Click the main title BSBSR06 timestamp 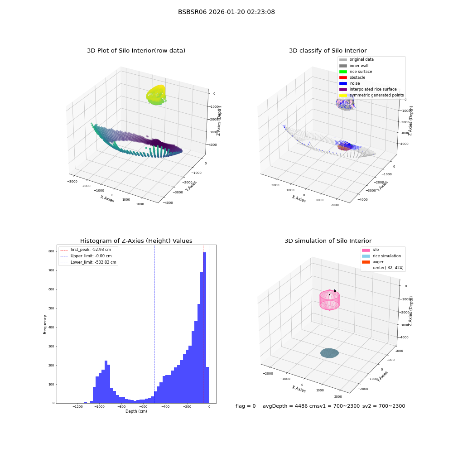pyautogui.click(x=226, y=12)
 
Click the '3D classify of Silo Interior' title pyautogui.click(x=328, y=51)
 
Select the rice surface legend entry pyautogui.click(x=356, y=72)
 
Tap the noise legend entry pyautogui.click(x=350, y=83)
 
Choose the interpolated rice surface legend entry pyautogui.click(x=368, y=89)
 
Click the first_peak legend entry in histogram pyautogui.click(x=86, y=250)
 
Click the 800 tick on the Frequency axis pyautogui.click(x=51, y=251)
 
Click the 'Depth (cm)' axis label pyautogui.click(x=136, y=411)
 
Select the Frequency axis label pyautogui.click(x=45, y=324)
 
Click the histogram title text pyautogui.click(x=136, y=241)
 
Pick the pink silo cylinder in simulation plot pyautogui.click(x=330, y=300)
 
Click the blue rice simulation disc pyautogui.click(x=330, y=353)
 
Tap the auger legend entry pyautogui.click(x=373, y=262)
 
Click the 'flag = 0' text pyautogui.click(x=246, y=406)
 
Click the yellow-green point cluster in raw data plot pyautogui.click(x=156, y=95)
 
